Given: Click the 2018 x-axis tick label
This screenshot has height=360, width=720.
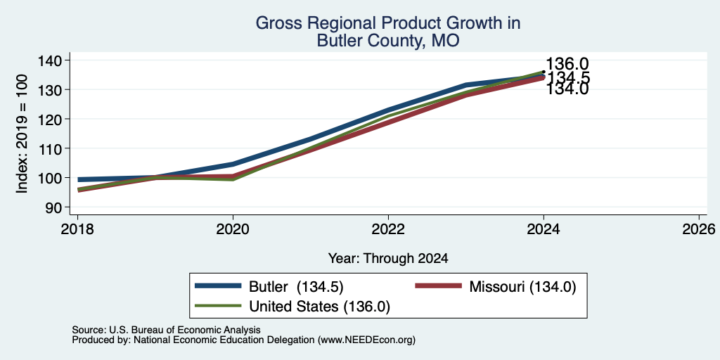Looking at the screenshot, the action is (x=77, y=229).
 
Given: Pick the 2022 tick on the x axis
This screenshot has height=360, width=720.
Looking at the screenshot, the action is (x=388, y=229).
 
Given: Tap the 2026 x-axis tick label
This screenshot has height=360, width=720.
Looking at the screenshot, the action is (x=699, y=229).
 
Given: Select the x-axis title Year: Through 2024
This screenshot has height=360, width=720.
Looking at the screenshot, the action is (x=388, y=259).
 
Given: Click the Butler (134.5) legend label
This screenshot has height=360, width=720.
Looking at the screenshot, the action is (x=296, y=287).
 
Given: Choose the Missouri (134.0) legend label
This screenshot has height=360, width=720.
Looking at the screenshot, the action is (x=522, y=287).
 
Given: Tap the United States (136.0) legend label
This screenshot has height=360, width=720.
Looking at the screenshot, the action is (x=320, y=307).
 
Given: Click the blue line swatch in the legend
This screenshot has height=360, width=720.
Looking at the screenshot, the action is (x=218, y=286).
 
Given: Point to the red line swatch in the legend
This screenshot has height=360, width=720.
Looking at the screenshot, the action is (x=438, y=286).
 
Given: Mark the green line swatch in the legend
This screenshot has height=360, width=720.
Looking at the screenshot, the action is (x=218, y=306).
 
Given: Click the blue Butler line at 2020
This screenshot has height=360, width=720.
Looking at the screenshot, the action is (x=233, y=164).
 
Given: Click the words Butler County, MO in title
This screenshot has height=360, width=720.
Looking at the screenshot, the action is (x=388, y=41).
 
